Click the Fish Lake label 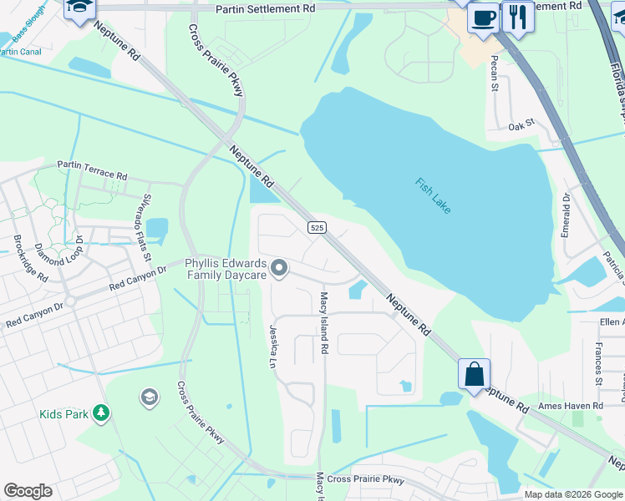tap(433, 195)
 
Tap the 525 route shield tap(317, 227)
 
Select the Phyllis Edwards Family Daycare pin tap(280, 268)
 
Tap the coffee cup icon tap(483, 17)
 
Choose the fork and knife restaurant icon tap(518, 17)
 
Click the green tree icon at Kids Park tap(100, 412)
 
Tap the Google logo tap(28, 491)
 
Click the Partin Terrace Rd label tap(92, 171)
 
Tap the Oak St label tap(521, 127)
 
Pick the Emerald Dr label tap(566, 215)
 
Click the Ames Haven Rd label tap(571, 405)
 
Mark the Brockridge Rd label tap(30, 264)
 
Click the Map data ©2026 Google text tap(572, 494)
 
